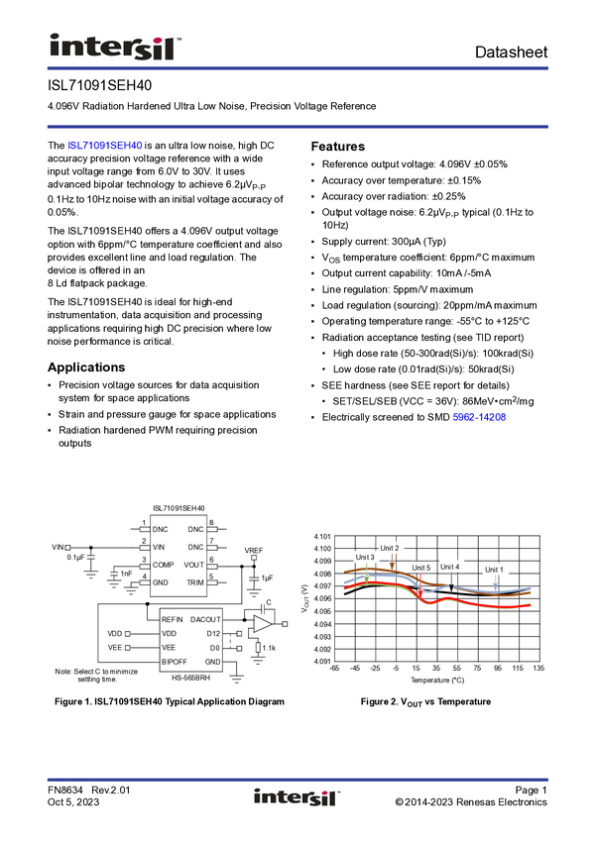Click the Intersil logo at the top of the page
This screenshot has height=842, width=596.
(115, 47)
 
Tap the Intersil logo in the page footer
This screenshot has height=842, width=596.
(298, 798)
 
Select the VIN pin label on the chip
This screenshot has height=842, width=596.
(160, 547)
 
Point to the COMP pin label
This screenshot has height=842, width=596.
(164, 565)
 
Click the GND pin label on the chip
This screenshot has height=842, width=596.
(161, 582)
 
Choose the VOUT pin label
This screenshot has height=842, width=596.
(193, 565)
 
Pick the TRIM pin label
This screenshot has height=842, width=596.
(195, 582)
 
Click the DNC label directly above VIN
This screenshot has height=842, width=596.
(161, 529)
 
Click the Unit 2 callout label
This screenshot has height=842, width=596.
(390, 548)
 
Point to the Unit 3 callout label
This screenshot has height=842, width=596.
(365, 558)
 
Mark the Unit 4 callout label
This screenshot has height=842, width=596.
(450, 567)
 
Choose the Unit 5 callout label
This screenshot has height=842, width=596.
(421, 568)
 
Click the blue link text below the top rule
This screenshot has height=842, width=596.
(106, 146)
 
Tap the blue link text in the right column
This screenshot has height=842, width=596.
(480, 418)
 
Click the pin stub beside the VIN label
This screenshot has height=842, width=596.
(145, 547)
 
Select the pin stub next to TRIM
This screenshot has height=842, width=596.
(211, 582)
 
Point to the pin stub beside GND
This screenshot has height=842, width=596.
(145, 582)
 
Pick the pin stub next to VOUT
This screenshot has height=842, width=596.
(211, 565)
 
